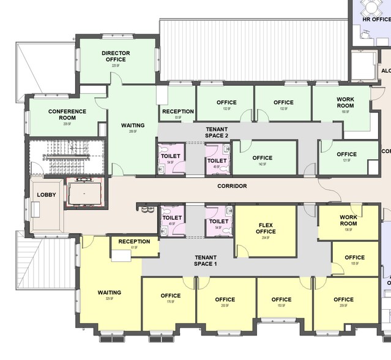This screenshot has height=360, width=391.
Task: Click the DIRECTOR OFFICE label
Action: click(116, 56)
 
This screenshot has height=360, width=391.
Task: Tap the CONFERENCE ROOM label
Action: click(67, 114)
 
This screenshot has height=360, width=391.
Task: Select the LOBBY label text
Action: click(46, 194)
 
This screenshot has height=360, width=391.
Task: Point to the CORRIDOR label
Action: click(232, 186)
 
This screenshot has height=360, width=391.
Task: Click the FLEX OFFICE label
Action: click(266, 228)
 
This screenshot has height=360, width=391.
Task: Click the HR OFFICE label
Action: click(376, 20)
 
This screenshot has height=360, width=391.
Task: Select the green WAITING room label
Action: click(133, 125)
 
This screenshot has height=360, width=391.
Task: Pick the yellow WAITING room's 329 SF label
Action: click(109, 299)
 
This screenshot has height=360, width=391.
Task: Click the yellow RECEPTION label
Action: click(134, 241)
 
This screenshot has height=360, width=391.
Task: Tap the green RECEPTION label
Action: click(177, 111)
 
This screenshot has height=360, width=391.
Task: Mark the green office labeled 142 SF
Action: click(262, 159)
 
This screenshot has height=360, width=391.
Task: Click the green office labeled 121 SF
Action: click(346, 155)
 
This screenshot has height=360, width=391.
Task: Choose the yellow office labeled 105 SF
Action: click(354, 258)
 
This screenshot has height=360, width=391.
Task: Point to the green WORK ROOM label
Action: click(346, 102)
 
